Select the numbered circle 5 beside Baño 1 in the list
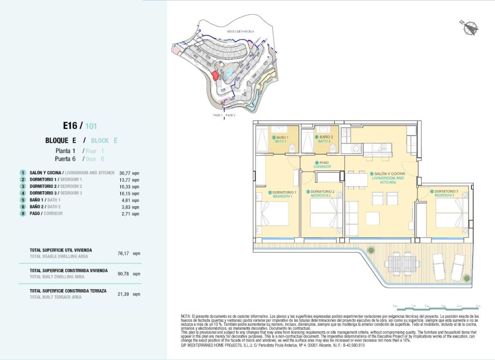tap(23, 200)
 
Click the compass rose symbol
tap(469, 26)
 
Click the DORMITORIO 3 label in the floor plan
tap(445, 193)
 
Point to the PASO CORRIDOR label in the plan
tap(322, 165)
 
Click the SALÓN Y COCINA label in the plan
tap(388, 178)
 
